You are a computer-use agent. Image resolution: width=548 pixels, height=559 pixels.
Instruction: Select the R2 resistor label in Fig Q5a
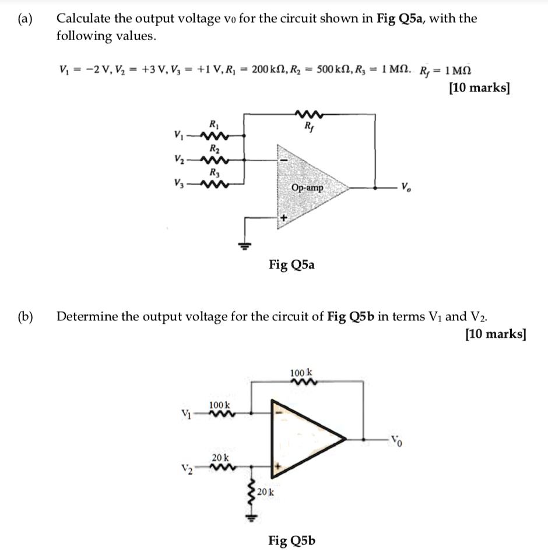[213, 148]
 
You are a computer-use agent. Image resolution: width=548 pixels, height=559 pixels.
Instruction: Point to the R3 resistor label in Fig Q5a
[213, 172]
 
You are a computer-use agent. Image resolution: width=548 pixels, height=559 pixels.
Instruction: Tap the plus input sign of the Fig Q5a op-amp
[284, 218]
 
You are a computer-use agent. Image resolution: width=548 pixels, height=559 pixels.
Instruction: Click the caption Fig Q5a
[291, 266]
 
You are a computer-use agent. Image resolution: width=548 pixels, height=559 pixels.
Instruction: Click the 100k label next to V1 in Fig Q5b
[220, 405]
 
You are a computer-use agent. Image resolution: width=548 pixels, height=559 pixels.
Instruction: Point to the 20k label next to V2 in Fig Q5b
[220, 458]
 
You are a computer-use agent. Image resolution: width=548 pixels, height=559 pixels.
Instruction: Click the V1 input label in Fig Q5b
[186, 414]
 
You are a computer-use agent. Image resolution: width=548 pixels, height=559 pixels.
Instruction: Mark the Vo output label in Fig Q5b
[396, 438]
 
